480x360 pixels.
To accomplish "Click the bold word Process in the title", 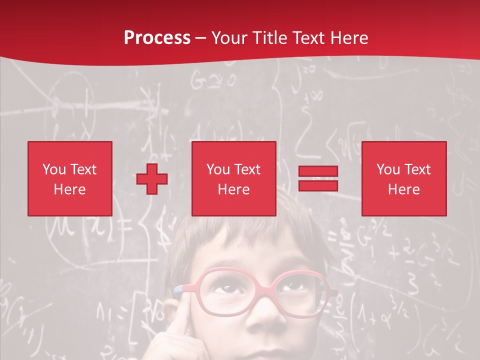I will pyautogui.click(x=157, y=37).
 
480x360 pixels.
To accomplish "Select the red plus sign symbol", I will pyautogui.click(x=152, y=179).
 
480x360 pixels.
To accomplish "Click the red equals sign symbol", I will pyautogui.click(x=318, y=178).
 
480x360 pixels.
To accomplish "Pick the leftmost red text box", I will pyautogui.click(x=70, y=178).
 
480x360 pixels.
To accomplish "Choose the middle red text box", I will pyautogui.click(x=234, y=178).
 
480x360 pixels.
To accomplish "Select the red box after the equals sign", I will pyautogui.click(x=404, y=178).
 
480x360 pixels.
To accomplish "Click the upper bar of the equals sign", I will pyautogui.click(x=318, y=171).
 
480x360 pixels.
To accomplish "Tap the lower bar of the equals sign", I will pyautogui.click(x=318, y=185).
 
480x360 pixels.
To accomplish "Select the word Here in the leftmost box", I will pyautogui.click(x=70, y=189).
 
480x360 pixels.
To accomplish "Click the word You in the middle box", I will pyautogui.click(x=218, y=169).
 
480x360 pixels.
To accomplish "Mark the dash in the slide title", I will pyautogui.click(x=201, y=38).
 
